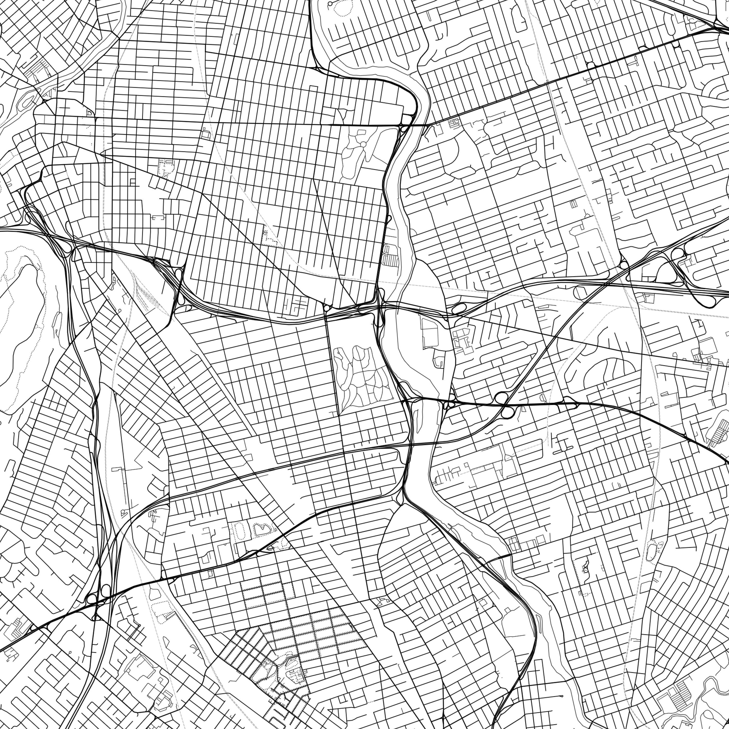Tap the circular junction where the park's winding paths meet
pos(363,144)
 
